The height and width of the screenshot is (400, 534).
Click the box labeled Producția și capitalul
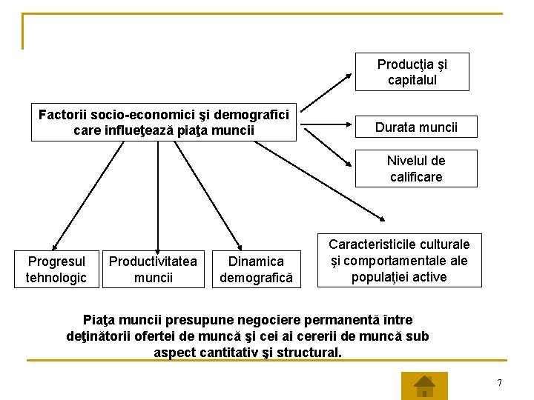point(412,72)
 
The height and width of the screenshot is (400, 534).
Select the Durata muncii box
point(416,127)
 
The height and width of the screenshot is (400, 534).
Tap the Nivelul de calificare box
point(415,169)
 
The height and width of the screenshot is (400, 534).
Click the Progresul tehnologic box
point(56,269)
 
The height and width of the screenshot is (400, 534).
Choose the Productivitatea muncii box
point(153,269)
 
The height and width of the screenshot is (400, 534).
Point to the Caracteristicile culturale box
point(399,260)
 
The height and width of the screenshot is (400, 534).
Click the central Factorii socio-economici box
point(164,122)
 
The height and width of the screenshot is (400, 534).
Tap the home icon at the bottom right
point(423,385)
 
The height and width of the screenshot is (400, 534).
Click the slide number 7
point(500,382)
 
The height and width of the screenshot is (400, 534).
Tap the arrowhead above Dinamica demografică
point(239,247)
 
